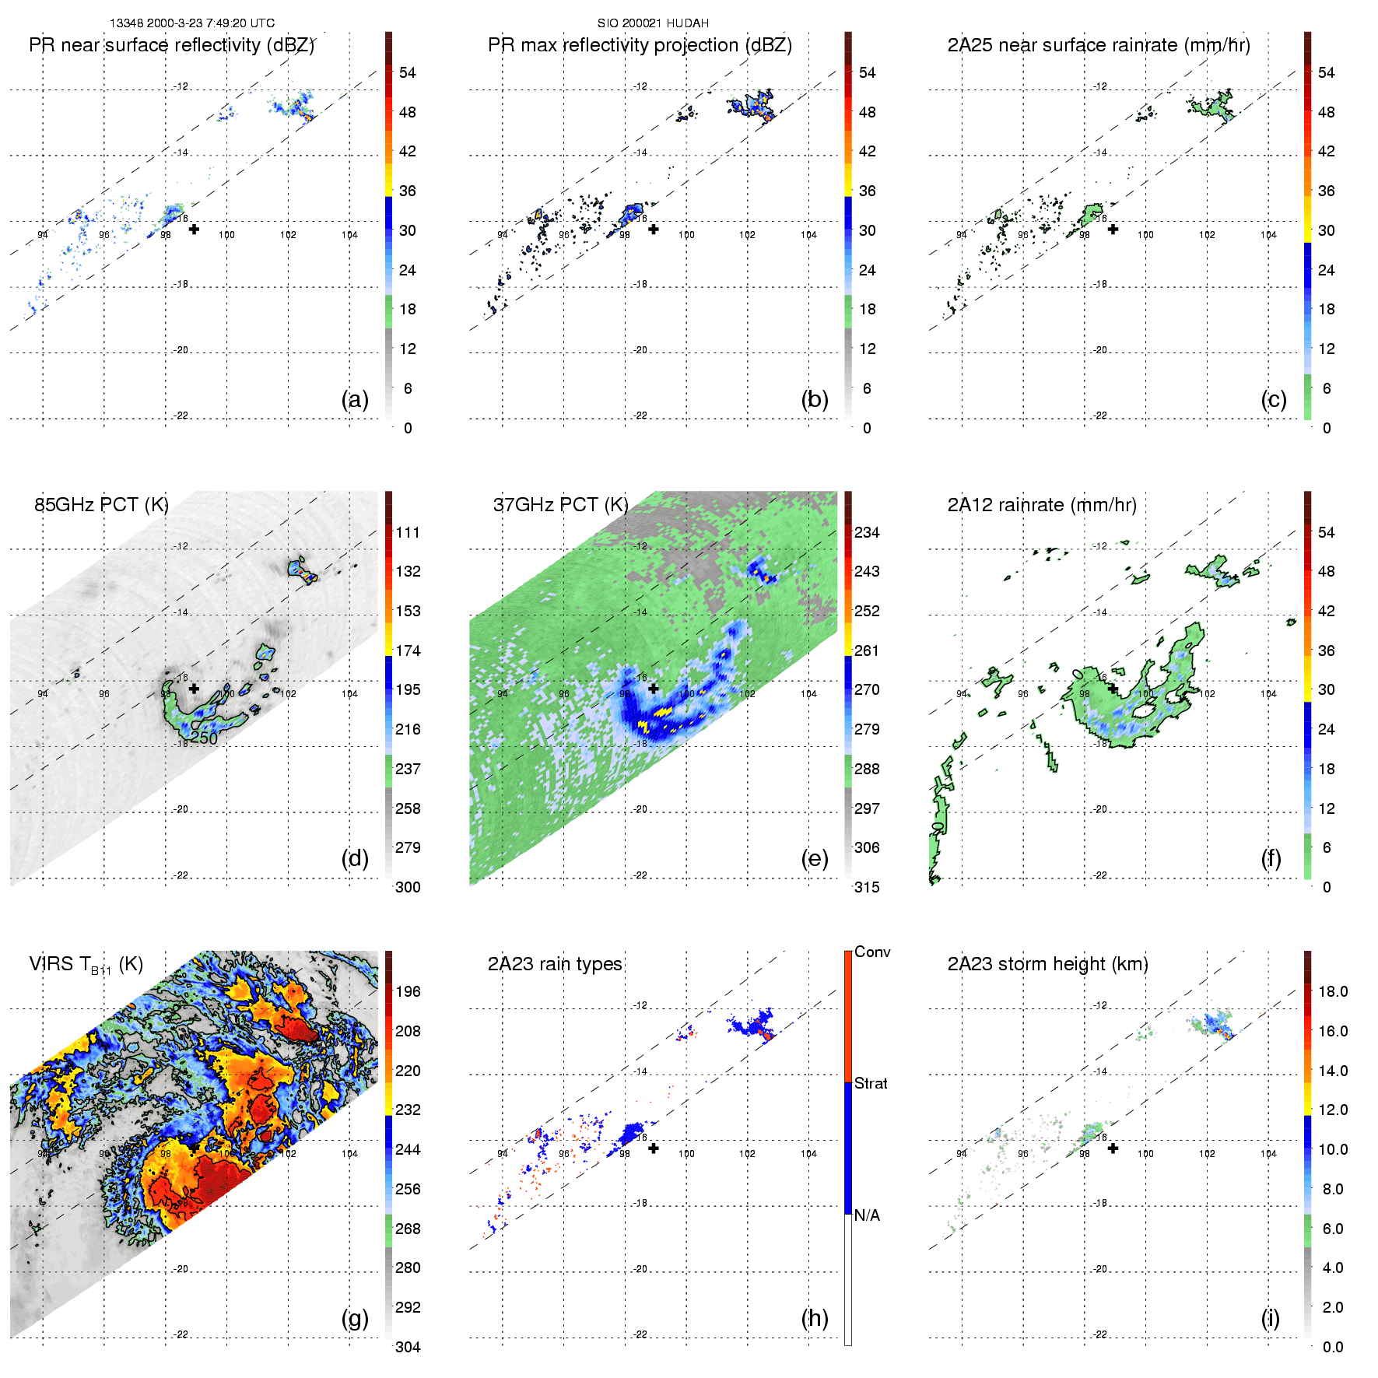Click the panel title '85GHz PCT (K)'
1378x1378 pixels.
tap(101, 504)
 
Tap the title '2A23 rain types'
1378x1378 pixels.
tap(555, 964)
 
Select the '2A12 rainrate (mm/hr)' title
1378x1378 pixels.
tap(1042, 505)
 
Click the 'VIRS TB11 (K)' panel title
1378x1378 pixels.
tap(86, 965)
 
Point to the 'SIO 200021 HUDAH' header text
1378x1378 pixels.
tap(653, 23)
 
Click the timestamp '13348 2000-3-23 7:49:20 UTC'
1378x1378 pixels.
tap(191, 23)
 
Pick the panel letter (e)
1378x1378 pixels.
tap(815, 858)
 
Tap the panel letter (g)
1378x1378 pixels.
tap(355, 1318)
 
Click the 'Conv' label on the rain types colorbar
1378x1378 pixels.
tap(872, 952)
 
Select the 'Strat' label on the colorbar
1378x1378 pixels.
tap(871, 1083)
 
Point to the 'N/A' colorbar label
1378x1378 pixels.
tap(867, 1215)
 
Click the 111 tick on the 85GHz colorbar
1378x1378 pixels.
tap(408, 532)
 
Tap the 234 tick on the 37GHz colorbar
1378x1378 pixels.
tap(867, 532)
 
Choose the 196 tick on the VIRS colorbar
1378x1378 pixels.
tap(408, 991)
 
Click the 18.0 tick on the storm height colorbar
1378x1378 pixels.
tap(1333, 991)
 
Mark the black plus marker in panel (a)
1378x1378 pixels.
tap(194, 229)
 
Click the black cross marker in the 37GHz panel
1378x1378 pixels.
tap(654, 689)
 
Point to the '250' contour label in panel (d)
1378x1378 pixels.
tap(204, 738)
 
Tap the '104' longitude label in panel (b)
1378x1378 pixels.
tap(808, 235)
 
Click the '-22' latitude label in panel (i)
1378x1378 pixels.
tap(1100, 1334)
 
